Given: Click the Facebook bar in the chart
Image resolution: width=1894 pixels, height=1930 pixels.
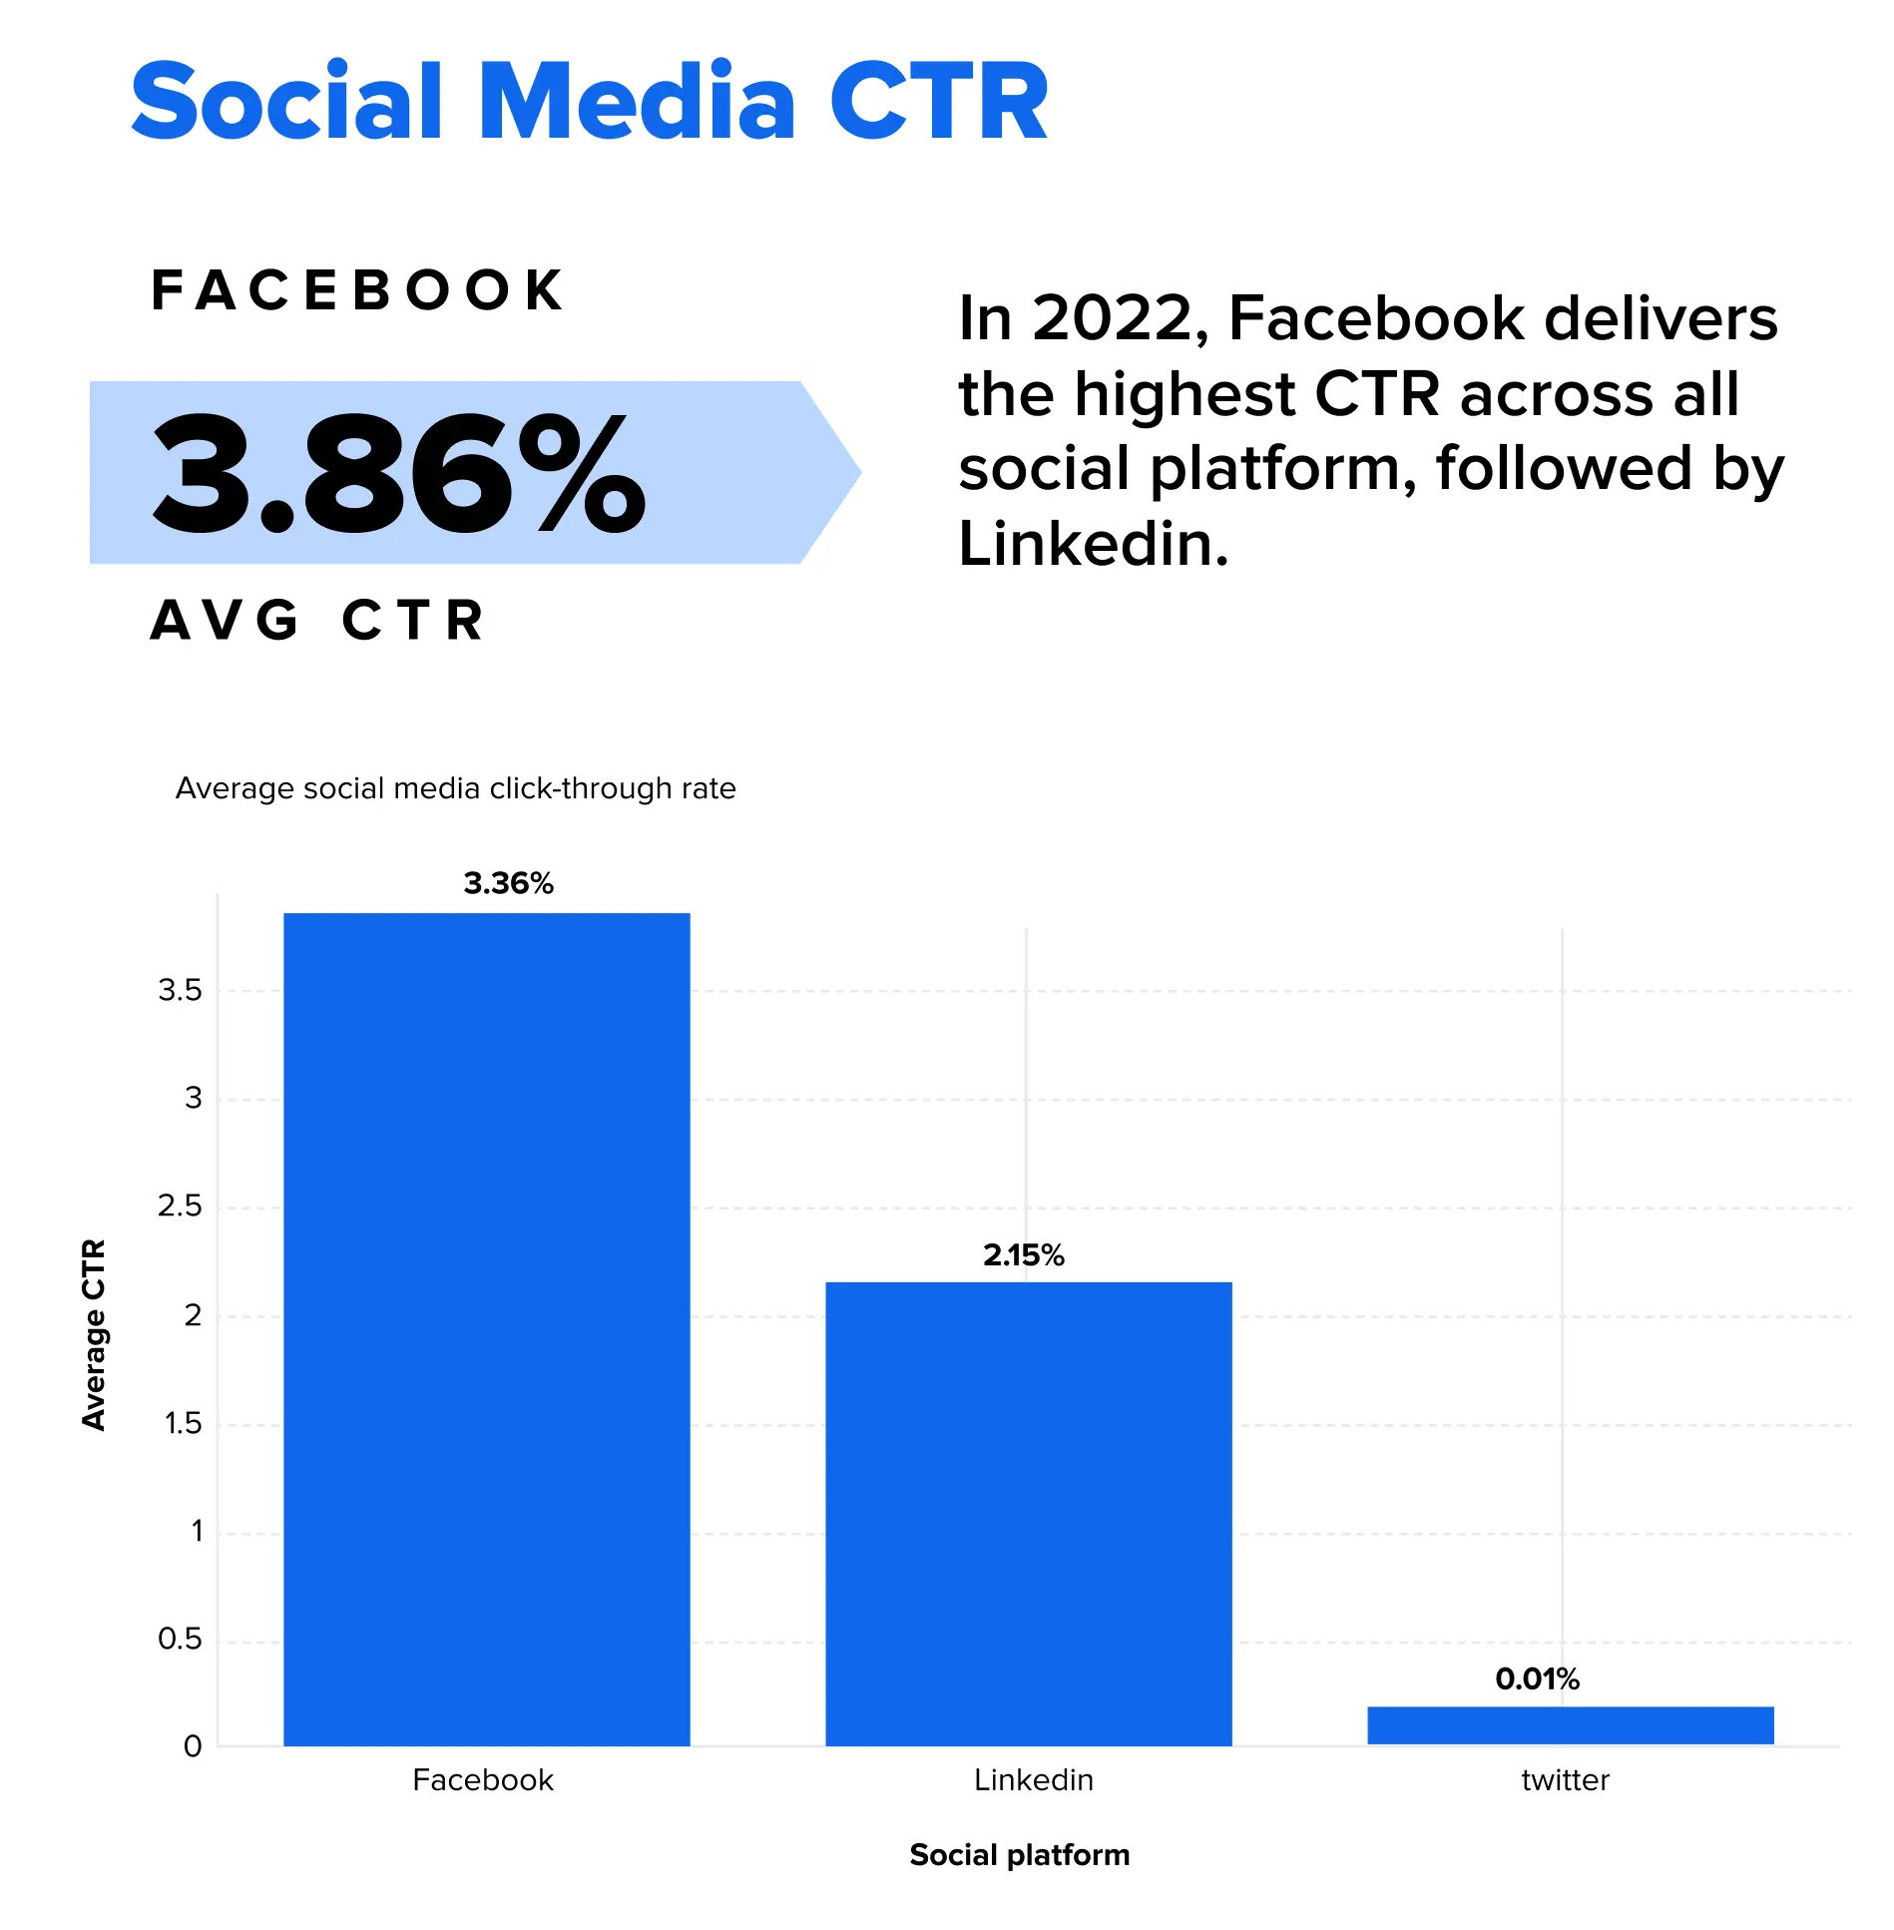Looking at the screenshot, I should pos(487,1327).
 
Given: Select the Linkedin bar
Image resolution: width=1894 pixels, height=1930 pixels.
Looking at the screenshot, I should pos(1028,1512).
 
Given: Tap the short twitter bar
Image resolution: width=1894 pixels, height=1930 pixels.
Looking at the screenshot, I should pos(1570,1725).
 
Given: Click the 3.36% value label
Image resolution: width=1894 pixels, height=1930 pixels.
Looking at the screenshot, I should pos(508,883).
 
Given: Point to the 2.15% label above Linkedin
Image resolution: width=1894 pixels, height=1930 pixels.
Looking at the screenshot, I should pos(1023,1255).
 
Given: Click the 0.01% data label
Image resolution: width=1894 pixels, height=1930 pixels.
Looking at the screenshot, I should pos(1537,1680).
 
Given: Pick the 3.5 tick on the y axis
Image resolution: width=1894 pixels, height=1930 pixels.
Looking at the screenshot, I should pos(180,991).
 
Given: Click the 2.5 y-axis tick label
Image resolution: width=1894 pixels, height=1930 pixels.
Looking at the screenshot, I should pos(180,1206).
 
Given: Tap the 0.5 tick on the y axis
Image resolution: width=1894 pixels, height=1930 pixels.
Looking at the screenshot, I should pos(180,1640).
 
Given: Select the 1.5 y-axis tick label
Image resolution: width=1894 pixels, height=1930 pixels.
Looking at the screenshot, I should pos(183,1423).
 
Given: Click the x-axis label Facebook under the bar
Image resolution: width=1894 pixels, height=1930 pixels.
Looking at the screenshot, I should pos(483,1780).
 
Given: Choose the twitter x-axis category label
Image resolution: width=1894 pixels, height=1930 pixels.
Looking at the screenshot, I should pos(1565,1780).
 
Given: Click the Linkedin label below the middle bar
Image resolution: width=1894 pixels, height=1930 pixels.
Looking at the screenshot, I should pos(1033,1780).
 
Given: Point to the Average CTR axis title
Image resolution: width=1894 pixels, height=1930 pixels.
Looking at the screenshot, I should pos(94,1334).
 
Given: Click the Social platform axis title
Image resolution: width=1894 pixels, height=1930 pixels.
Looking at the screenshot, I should pos(1019,1855).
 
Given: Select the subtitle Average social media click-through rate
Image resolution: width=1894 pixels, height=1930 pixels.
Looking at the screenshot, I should pos(455,788).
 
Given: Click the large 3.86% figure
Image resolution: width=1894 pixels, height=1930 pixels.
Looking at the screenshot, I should pos(399,473).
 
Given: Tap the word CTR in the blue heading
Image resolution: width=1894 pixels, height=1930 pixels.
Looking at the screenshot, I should pos(938,102).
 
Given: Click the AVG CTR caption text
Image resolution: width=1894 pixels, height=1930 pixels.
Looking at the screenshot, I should pos(317,621).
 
